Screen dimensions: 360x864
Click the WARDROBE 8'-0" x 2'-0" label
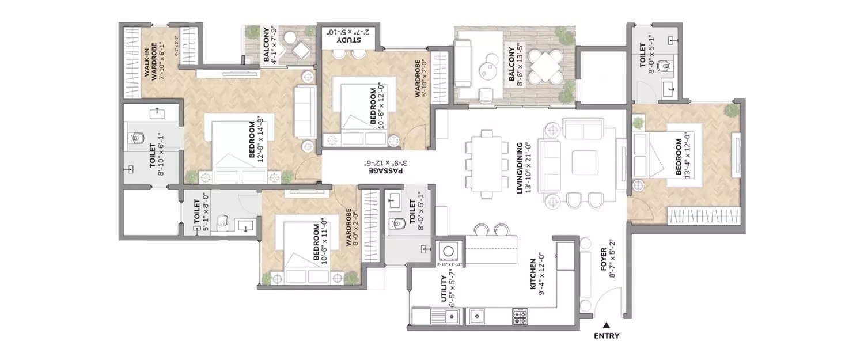[353, 228]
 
